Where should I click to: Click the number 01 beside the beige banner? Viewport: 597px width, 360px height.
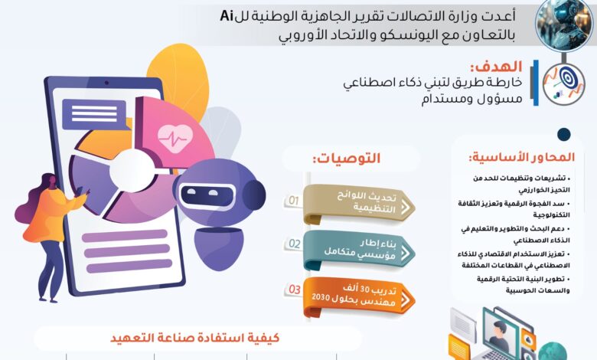(x=294, y=201)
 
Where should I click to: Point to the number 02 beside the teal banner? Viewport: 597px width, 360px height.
(x=294, y=244)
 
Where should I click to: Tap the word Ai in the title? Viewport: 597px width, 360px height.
(x=227, y=15)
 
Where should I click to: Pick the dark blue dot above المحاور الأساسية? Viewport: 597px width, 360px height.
(x=564, y=135)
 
